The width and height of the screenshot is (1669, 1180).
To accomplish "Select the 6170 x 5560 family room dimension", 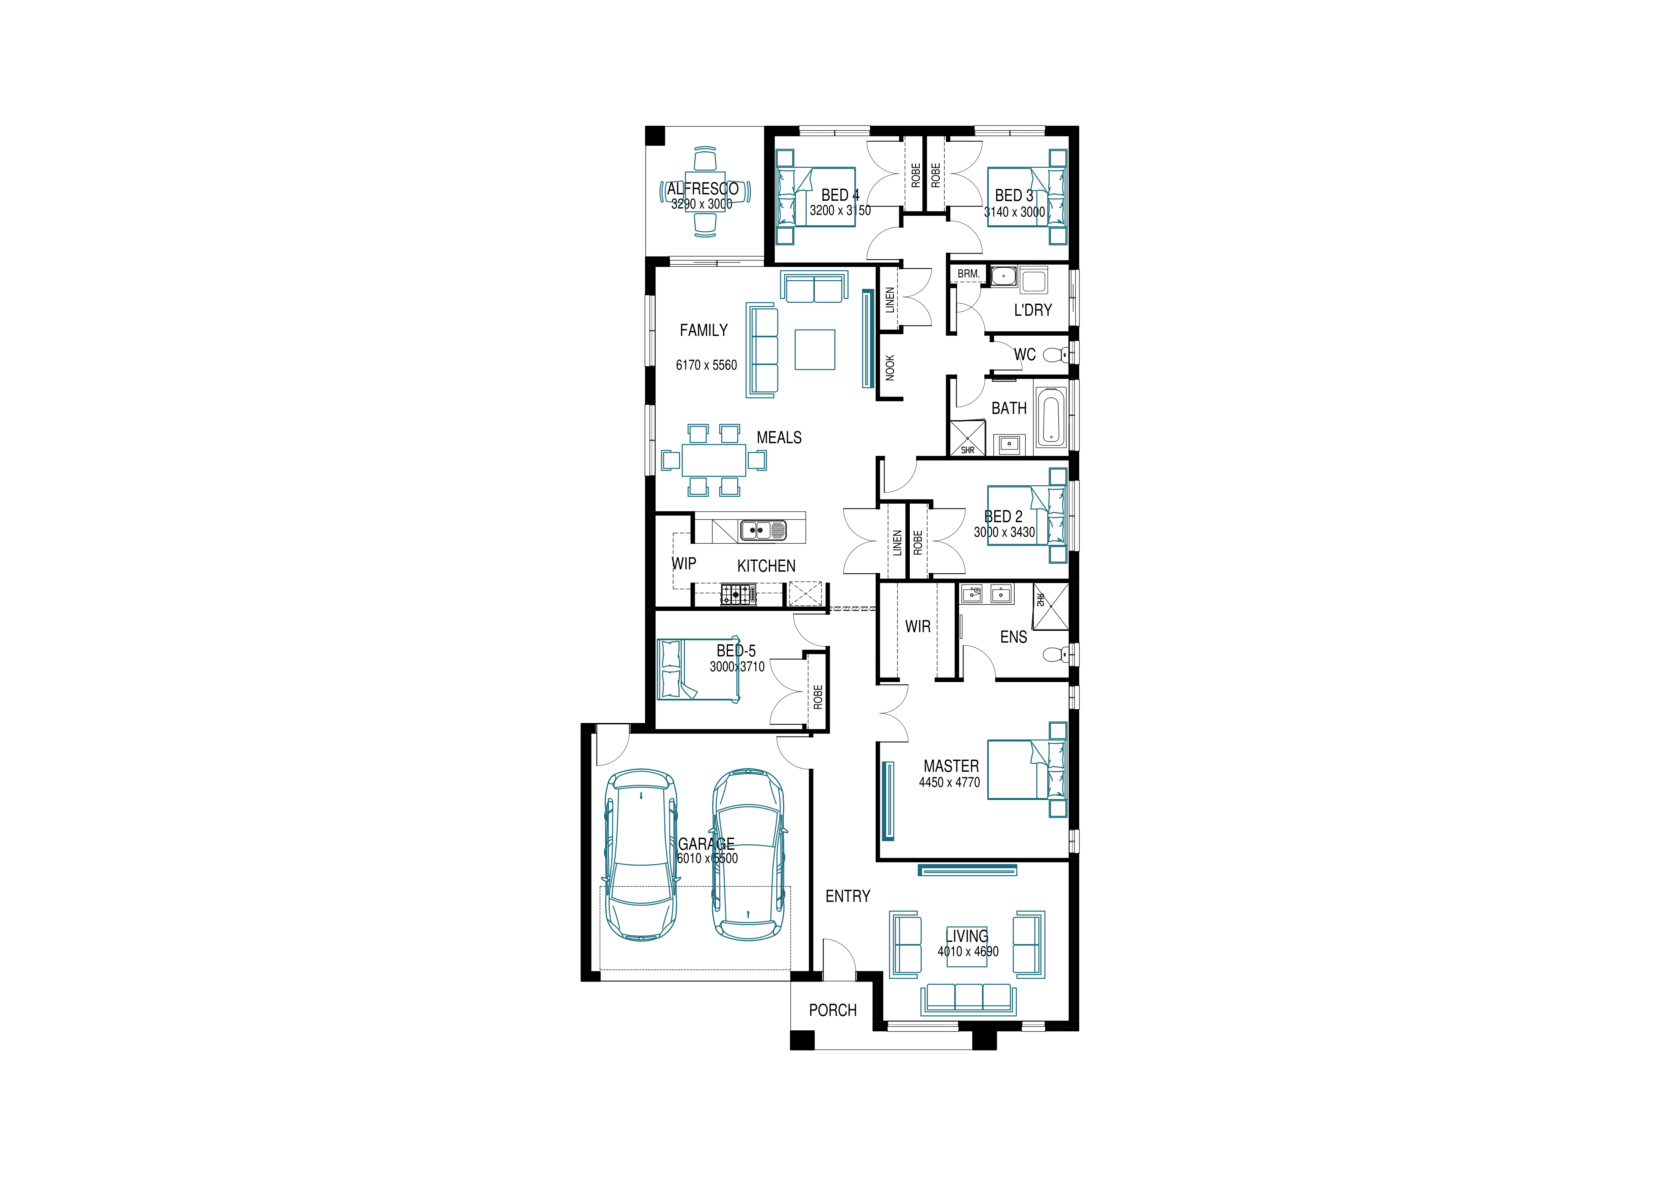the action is tap(706, 365).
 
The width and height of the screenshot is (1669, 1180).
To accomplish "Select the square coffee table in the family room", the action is tap(815, 350).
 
